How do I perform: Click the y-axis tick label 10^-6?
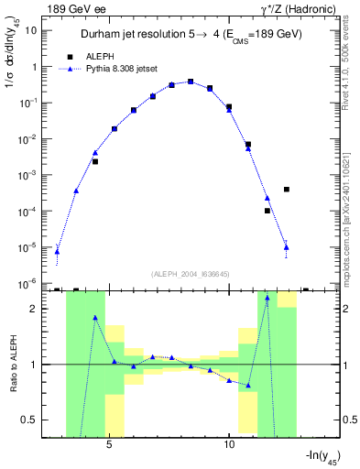pos(29,283)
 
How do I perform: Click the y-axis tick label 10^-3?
pos(29,175)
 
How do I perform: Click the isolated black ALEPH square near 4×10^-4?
pos(287,190)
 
